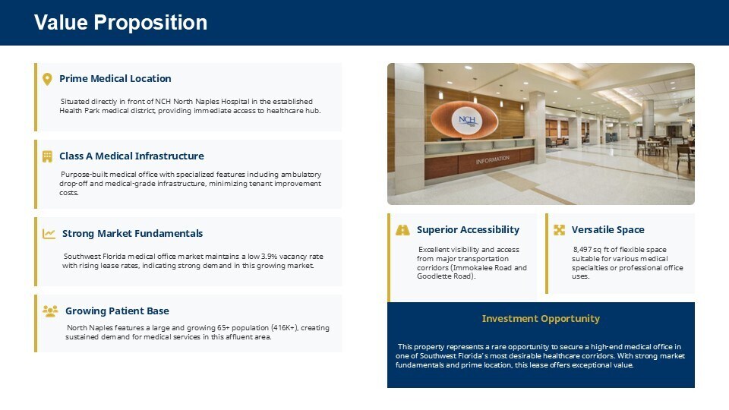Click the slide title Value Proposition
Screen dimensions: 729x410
(x=121, y=22)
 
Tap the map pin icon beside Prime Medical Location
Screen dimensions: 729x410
(x=47, y=79)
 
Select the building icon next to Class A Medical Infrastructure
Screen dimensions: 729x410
(x=47, y=156)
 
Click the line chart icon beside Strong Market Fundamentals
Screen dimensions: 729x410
(x=49, y=233)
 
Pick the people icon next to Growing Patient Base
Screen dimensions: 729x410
(x=50, y=311)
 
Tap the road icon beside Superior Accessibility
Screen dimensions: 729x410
(x=402, y=229)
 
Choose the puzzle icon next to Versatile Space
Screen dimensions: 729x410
(x=560, y=229)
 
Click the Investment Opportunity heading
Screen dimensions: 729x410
(x=541, y=318)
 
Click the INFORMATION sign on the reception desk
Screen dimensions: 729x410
(x=492, y=160)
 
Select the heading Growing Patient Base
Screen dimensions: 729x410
(x=117, y=311)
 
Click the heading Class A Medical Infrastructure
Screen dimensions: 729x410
(x=131, y=156)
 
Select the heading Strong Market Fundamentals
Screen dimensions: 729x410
(x=132, y=233)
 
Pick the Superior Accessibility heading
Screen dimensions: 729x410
(x=469, y=229)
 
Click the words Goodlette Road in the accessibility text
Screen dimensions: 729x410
(x=444, y=276)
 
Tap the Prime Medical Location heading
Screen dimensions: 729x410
(x=115, y=78)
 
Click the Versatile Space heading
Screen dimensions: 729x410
(x=608, y=229)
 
